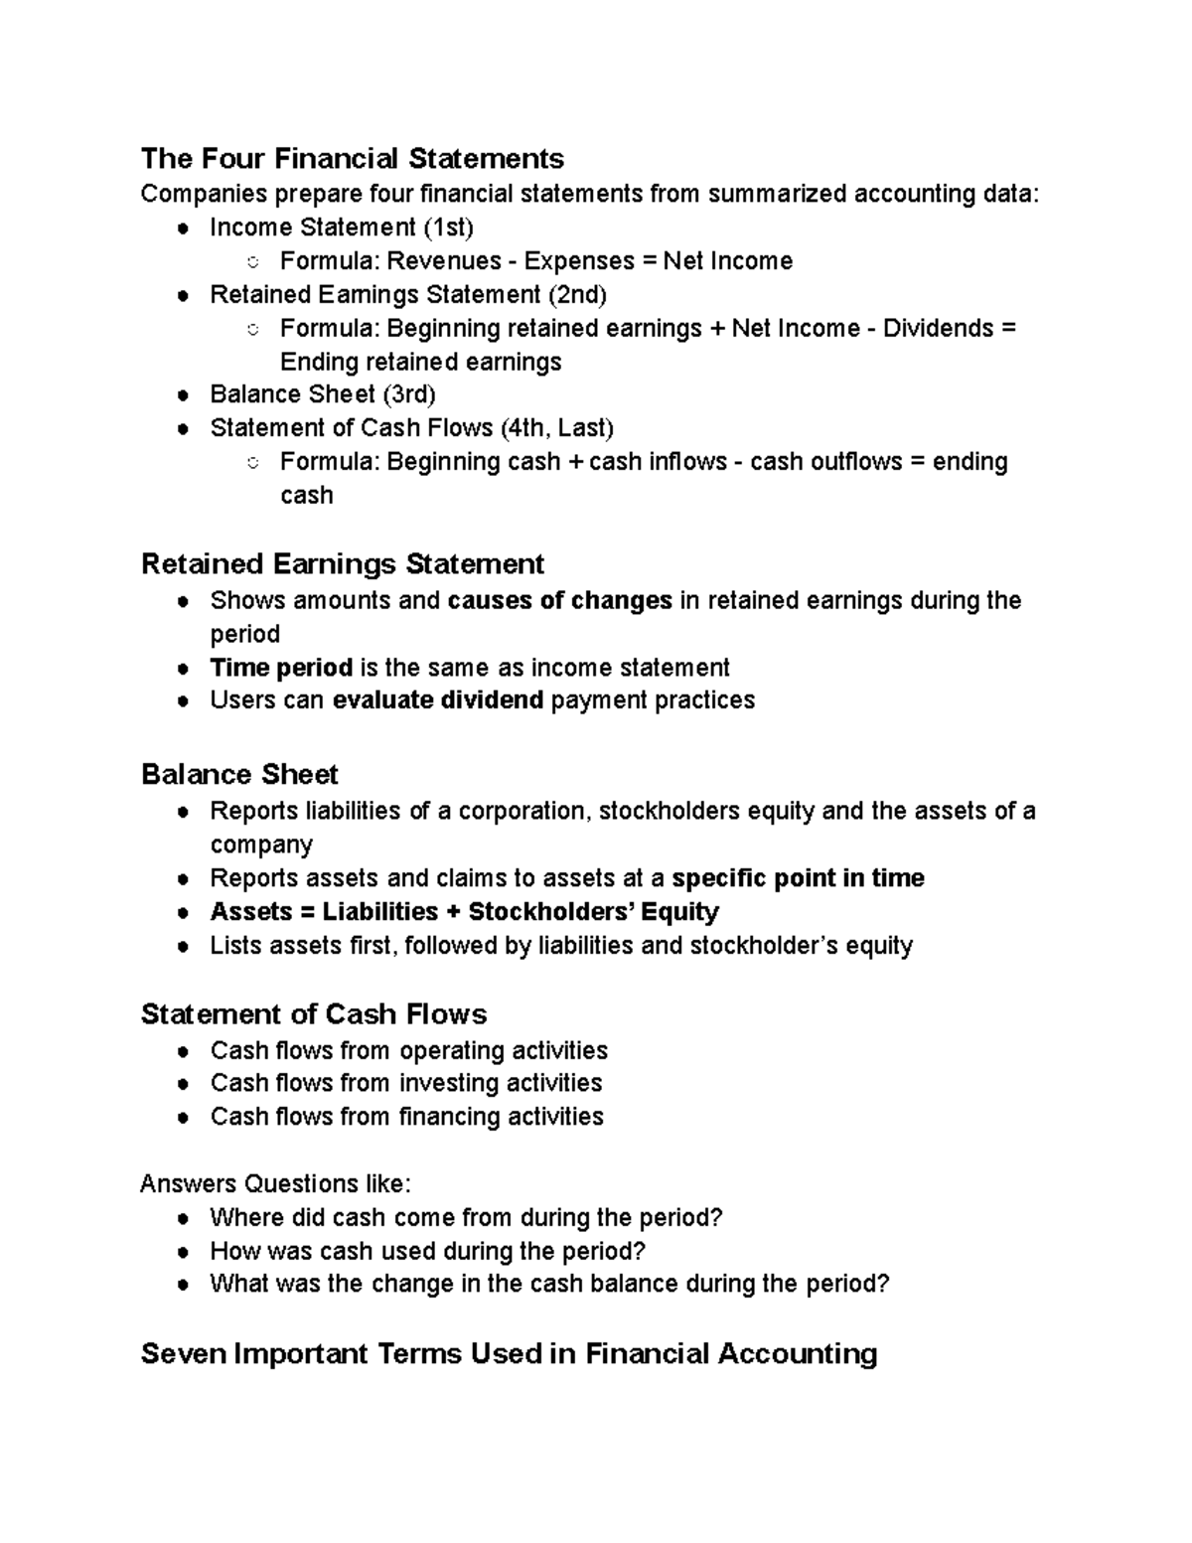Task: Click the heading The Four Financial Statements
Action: point(352,159)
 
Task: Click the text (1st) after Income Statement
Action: point(448,228)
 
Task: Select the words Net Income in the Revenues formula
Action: point(727,261)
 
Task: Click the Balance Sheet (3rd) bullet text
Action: point(323,394)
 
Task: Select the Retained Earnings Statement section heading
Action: point(343,564)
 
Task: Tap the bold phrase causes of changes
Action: point(560,601)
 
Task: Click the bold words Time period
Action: point(281,668)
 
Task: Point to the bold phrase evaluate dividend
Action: point(437,700)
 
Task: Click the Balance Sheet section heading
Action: point(239,775)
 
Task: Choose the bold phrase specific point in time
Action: point(798,878)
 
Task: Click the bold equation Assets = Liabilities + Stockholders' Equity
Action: point(464,912)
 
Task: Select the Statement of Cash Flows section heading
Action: point(314,1014)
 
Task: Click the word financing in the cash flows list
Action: point(450,1117)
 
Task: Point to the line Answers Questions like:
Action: point(275,1184)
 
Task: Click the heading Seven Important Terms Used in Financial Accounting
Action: point(509,1354)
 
